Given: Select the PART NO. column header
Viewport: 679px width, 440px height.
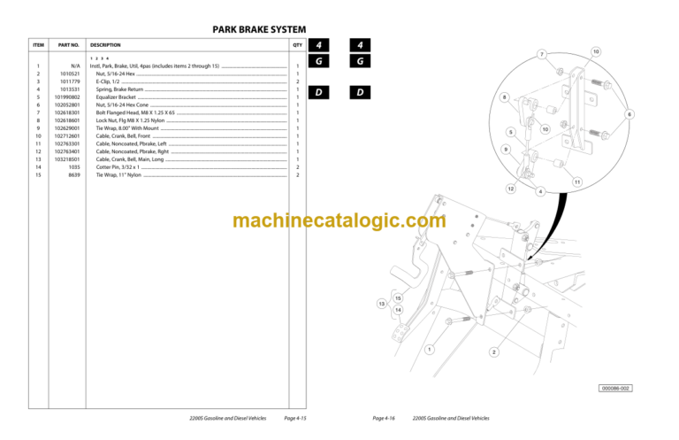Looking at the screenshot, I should pyautogui.click(x=69, y=44).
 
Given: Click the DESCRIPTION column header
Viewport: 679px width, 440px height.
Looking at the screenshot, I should pyautogui.click(x=105, y=44).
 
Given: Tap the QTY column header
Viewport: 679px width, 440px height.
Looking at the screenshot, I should pyautogui.click(x=297, y=44).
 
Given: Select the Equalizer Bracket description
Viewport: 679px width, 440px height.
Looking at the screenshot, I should pyautogui.click(x=118, y=96).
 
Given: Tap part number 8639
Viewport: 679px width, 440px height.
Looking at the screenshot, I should pyautogui.click(x=74, y=174).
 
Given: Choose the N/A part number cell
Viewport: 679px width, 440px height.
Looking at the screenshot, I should pyautogui.click(x=75, y=66).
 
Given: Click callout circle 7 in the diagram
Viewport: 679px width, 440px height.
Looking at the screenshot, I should pyautogui.click(x=542, y=56).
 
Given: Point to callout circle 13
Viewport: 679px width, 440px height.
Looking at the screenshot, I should pyautogui.click(x=382, y=304).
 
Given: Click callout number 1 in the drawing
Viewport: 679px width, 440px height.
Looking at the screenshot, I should pyautogui.click(x=429, y=350).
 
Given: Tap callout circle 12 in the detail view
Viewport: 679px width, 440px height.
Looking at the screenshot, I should pyautogui.click(x=510, y=189).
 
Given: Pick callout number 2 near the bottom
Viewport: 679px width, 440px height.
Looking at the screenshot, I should pyautogui.click(x=493, y=352).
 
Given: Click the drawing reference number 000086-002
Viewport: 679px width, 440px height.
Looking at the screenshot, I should pyautogui.click(x=616, y=388).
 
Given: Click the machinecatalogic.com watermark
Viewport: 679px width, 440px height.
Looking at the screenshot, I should pyautogui.click(x=339, y=221).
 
